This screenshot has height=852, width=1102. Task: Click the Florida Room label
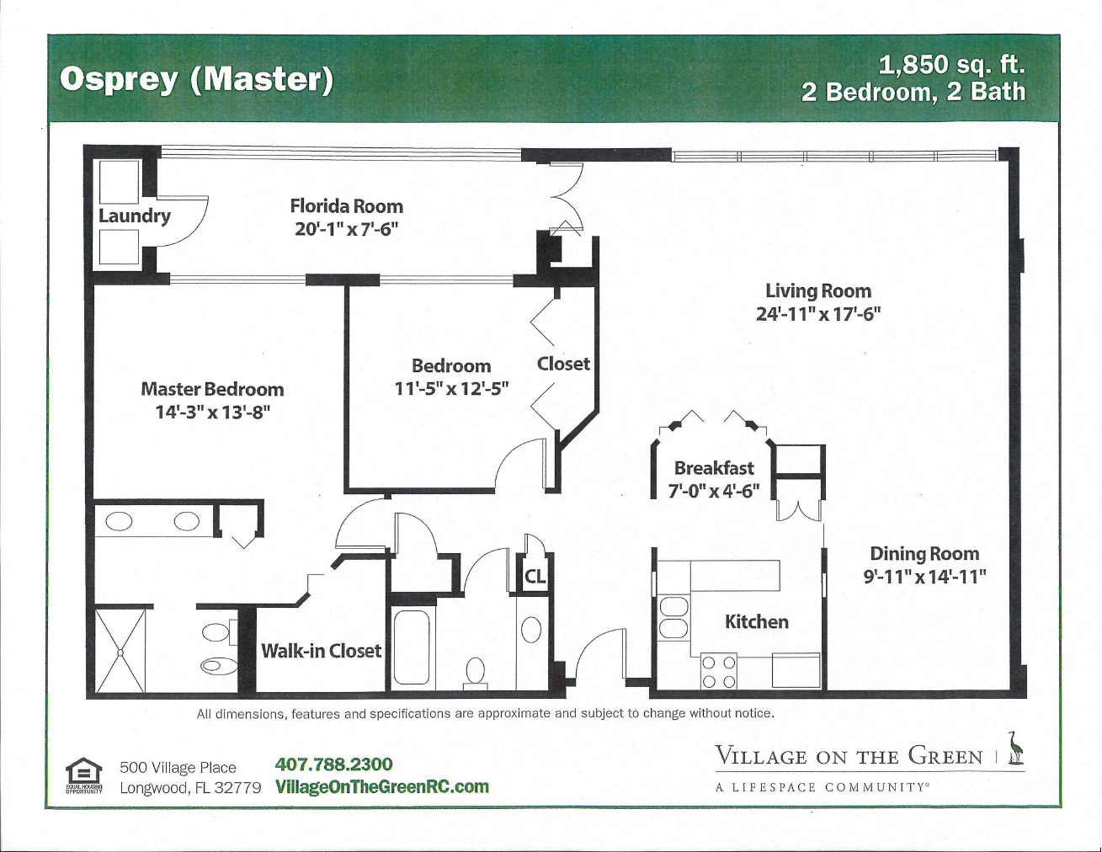click(x=346, y=206)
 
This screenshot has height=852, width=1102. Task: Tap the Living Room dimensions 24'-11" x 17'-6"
click(x=818, y=314)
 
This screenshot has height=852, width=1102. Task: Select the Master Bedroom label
click(x=212, y=389)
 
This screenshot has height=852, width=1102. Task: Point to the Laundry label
click(x=135, y=216)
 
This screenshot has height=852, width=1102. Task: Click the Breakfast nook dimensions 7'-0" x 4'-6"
click(x=714, y=492)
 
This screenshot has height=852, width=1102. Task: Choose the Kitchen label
click(x=757, y=622)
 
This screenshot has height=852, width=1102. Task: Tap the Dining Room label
click(x=924, y=553)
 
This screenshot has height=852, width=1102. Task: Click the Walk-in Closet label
click(x=321, y=651)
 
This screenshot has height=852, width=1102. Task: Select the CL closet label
click(x=535, y=577)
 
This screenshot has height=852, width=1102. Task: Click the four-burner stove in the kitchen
click(x=719, y=672)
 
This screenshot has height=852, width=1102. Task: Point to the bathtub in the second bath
click(x=412, y=649)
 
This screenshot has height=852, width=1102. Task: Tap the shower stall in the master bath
click(x=120, y=651)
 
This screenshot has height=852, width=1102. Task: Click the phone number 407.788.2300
click(x=333, y=764)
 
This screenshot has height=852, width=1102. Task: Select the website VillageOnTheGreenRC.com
click(x=382, y=786)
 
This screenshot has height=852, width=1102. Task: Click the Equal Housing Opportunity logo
click(x=83, y=775)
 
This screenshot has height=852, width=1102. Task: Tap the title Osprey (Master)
click(x=196, y=80)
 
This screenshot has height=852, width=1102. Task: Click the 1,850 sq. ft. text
click(x=952, y=65)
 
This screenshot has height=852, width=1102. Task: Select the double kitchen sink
click(x=673, y=618)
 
